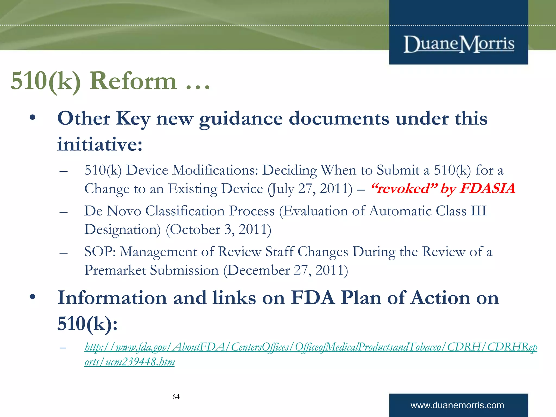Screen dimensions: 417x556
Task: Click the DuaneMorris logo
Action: tap(459, 44)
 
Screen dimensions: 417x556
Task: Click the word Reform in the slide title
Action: tap(133, 81)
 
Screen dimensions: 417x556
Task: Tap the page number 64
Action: tap(176, 397)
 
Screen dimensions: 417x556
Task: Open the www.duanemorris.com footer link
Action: tap(457, 405)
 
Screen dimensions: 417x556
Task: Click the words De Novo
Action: tap(112, 211)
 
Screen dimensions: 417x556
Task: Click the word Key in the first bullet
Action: tap(133, 119)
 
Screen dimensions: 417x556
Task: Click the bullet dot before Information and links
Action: tap(33, 297)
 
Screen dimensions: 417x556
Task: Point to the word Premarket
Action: tap(115, 270)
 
